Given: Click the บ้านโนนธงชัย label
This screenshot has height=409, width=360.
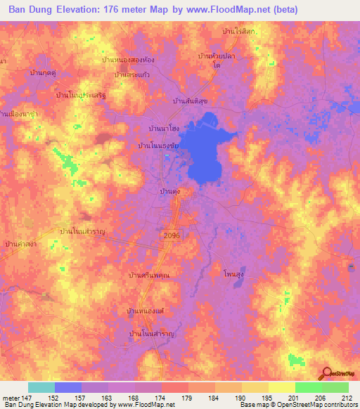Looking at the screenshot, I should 164,145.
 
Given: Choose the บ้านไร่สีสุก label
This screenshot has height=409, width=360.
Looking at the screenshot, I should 242,32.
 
